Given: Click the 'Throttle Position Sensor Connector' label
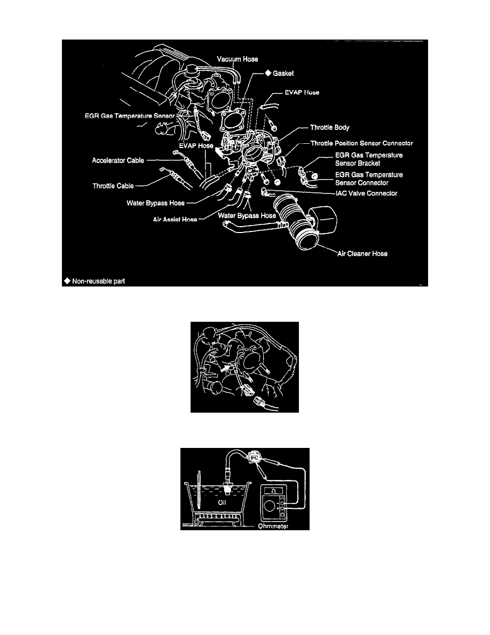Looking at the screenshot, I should [361, 143].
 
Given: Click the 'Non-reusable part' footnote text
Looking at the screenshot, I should [98, 280].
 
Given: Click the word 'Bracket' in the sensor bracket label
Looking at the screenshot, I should [368, 163].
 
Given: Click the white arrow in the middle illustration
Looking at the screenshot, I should [225, 368].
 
